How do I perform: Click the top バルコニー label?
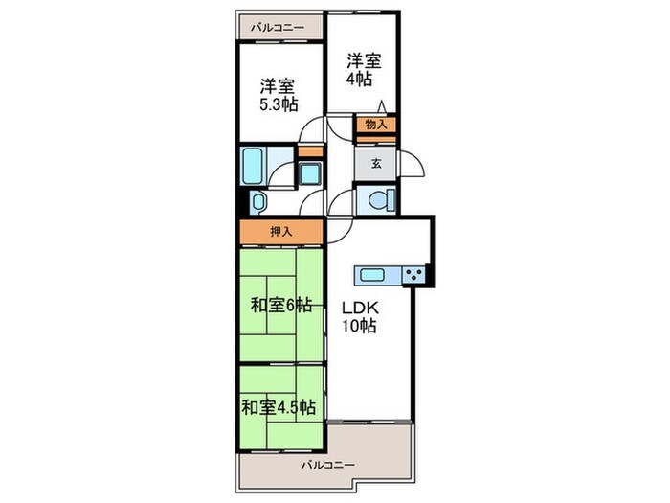tap(278, 28)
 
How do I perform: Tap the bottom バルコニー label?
tap(327, 465)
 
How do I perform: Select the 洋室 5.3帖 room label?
tap(279, 92)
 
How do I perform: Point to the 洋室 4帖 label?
tap(364, 70)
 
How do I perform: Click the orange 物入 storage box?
tap(376, 124)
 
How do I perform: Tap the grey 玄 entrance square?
tap(376, 163)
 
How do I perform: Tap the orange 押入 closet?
tap(281, 231)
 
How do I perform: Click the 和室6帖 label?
tap(281, 306)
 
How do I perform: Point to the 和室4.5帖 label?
tap(278, 407)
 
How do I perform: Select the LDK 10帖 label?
tap(361, 317)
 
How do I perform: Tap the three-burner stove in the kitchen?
tap(414, 276)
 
